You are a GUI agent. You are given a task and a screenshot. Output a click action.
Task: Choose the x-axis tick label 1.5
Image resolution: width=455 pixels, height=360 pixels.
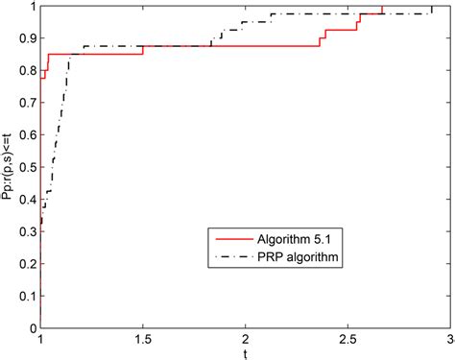(143, 340)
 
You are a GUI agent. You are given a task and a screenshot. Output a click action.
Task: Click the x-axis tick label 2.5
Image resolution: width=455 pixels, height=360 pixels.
(348, 340)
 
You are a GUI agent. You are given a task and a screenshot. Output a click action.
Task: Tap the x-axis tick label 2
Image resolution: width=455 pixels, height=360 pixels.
(246, 340)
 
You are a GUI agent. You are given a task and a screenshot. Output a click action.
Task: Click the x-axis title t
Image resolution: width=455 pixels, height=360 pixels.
(246, 353)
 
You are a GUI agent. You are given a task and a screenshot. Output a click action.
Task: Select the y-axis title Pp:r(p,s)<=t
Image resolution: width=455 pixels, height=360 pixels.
(9, 167)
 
